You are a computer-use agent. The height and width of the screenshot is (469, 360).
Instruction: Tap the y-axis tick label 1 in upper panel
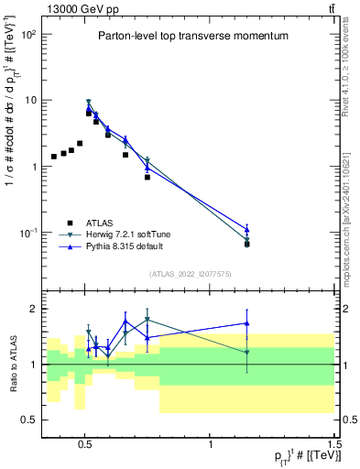click(x=34, y=167)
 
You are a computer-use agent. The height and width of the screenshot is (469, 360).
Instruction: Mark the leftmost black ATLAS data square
click(x=54, y=157)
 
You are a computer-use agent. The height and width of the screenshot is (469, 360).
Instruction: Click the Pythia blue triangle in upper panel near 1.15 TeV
click(x=246, y=229)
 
